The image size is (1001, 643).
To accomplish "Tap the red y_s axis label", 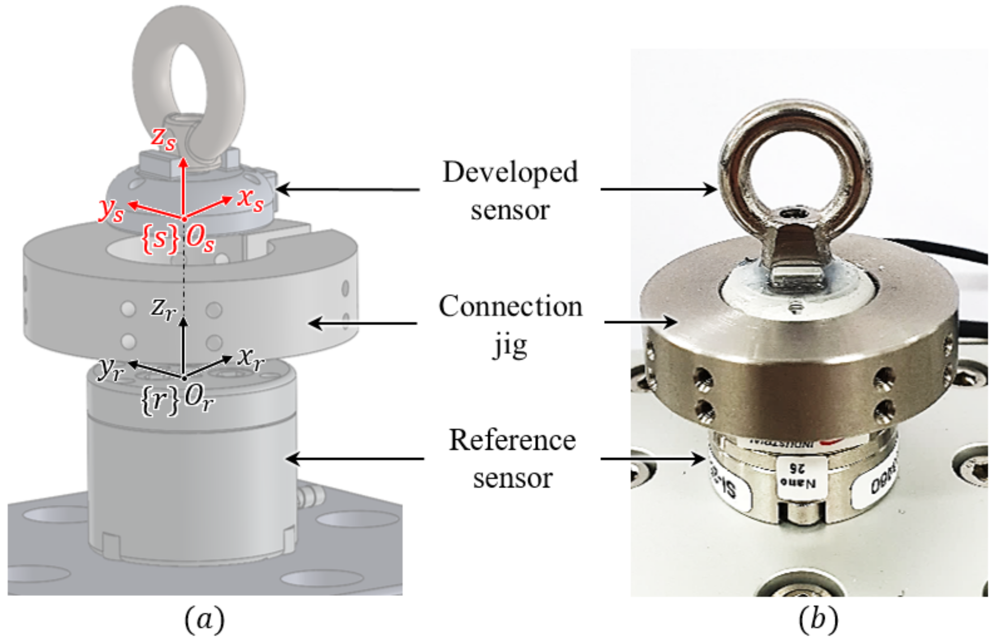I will click(111, 210).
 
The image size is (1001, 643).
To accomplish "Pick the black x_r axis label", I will click(251, 359).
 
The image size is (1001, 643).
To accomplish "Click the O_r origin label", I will click(199, 399).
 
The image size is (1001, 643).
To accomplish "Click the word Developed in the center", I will click(510, 173).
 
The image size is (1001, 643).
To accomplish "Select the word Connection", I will click(510, 307).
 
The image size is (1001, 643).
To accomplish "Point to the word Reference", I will click(512, 441).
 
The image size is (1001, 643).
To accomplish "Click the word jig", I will click(510, 346).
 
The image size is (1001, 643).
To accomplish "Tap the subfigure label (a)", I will click(205, 620).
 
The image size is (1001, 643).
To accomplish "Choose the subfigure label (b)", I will click(818, 620).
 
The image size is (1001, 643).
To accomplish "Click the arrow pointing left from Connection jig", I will click(363, 323).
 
